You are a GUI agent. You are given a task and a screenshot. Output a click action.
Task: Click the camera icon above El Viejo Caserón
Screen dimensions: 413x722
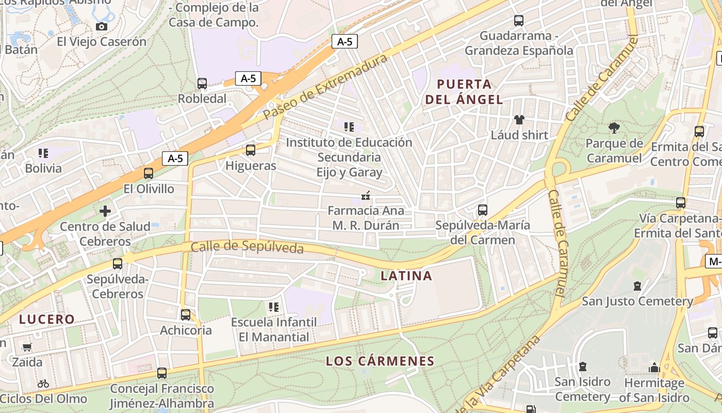pos(102,26)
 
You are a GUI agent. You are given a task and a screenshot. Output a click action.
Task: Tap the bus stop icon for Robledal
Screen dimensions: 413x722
pos(202,83)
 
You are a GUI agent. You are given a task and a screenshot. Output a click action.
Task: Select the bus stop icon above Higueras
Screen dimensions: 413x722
pos(251,150)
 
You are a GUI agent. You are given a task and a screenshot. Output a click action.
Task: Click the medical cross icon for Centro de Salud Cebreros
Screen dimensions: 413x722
pos(105,211)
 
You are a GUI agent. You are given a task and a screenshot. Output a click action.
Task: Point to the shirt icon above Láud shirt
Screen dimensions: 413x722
pos(519,120)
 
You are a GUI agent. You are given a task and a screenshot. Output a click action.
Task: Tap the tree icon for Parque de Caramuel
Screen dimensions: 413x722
pos(614,128)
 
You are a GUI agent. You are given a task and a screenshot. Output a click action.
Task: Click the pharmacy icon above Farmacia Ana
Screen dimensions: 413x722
pos(366,196)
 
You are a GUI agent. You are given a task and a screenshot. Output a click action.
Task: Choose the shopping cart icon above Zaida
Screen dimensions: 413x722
pos(27,347)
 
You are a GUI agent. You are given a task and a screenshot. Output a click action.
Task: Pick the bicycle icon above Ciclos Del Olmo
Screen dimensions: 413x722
pos(43,384)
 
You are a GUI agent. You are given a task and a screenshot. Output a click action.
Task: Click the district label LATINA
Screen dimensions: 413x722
pos(406,276)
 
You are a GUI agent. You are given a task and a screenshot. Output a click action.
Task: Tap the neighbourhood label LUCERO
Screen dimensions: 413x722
pos(47,319)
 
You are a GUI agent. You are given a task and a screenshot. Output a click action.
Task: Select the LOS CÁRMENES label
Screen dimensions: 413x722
pos(380,361)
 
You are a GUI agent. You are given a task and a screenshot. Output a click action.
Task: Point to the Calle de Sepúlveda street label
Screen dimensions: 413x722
pos(247,248)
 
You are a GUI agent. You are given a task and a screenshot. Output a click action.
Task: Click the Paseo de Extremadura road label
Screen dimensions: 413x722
pos(325,87)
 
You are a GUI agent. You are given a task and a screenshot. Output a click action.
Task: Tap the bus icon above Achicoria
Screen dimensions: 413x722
pos(186,314)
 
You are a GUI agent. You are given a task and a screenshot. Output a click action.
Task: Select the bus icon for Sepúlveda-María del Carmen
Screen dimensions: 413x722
pos(483,210)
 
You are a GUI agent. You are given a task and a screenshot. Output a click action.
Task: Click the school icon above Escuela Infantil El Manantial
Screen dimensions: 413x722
pos(274,307)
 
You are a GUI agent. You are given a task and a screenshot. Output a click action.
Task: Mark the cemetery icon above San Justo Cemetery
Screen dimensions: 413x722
pos(637,285)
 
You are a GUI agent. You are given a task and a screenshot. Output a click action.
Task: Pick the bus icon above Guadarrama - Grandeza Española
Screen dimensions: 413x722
pos(519,21)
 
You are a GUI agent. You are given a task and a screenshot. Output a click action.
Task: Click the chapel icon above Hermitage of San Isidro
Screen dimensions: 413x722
pos(654,368)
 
